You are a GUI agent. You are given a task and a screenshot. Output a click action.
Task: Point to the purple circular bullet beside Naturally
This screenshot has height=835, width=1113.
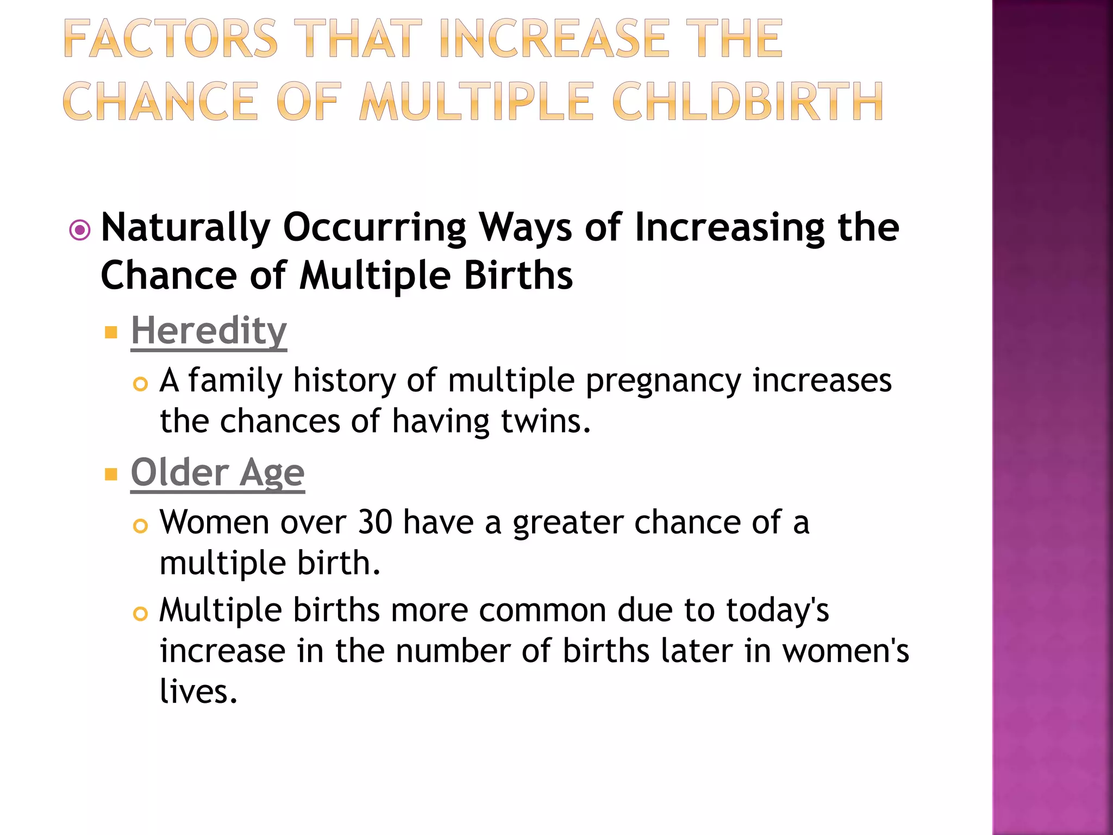click(x=80, y=230)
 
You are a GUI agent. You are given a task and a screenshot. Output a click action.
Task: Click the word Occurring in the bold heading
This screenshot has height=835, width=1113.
click(x=374, y=227)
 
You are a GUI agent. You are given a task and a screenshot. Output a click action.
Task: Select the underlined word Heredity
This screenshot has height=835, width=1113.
click(x=209, y=331)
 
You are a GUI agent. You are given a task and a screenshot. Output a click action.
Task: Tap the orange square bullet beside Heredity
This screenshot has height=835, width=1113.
click(x=111, y=332)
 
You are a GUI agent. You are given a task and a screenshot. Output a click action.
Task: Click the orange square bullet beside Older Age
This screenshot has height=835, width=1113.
click(x=111, y=475)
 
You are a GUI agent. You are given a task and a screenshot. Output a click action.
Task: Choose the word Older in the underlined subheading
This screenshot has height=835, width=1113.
click(x=179, y=472)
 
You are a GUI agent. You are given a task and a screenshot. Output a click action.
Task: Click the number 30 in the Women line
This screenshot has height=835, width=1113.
click(x=375, y=522)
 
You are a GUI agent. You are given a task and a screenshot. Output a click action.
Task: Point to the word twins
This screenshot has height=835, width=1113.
click(x=545, y=421)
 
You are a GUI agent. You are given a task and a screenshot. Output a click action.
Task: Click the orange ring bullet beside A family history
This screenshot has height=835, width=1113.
click(x=140, y=384)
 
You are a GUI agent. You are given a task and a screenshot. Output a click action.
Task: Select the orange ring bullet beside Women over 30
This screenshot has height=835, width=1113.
click(x=140, y=526)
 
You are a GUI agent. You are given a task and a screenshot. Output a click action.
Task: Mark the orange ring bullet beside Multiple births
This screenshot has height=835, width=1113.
click(x=140, y=614)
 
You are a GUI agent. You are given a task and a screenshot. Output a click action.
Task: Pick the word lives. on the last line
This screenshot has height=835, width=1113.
click(x=198, y=691)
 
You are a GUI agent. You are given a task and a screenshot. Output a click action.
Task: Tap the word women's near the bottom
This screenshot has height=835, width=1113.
click(x=846, y=651)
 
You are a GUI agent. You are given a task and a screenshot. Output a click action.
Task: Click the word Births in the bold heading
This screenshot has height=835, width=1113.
click(x=518, y=276)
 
